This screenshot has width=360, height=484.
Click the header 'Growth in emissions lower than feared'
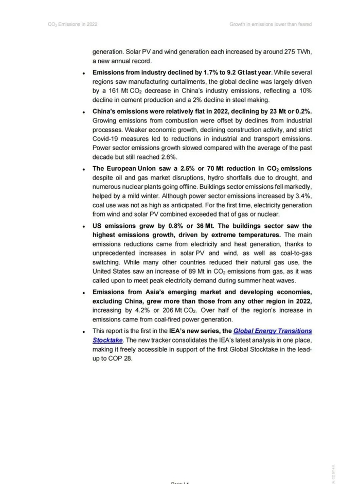271,24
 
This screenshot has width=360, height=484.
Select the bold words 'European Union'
131,169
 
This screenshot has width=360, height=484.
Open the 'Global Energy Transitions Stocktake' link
273,331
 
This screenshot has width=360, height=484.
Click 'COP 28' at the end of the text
121,359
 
